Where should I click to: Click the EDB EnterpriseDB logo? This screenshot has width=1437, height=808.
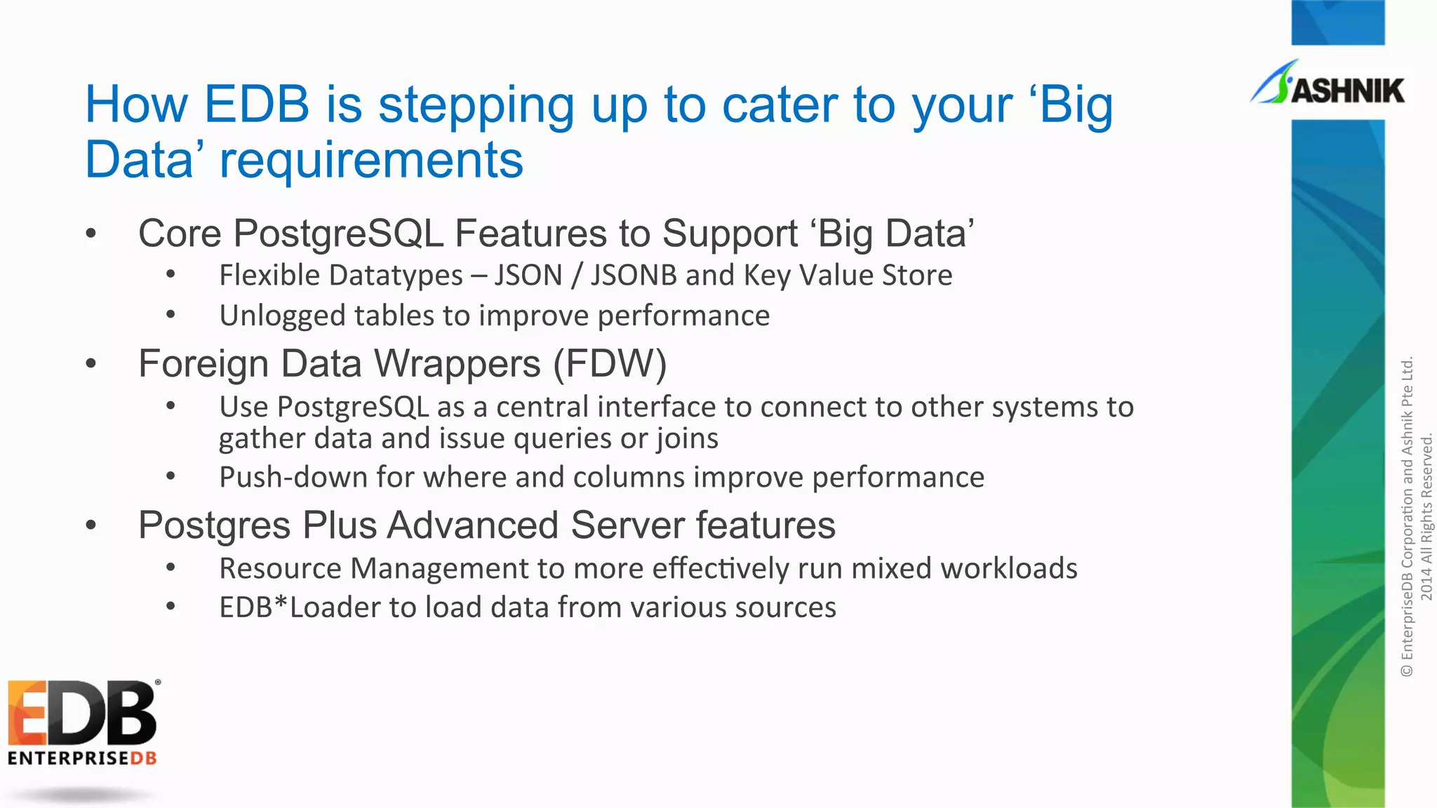point(82,722)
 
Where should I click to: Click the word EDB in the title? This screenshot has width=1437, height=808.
point(256,105)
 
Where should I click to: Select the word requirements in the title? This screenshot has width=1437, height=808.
point(371,160)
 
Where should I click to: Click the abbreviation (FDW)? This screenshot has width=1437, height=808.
point(609,364)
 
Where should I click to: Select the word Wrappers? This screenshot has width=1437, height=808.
point(457,364)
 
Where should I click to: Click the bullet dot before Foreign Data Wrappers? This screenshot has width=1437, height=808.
point(91,363)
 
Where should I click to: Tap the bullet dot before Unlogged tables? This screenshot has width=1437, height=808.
point(171,315)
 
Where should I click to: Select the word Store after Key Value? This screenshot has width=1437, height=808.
point(917,275)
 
